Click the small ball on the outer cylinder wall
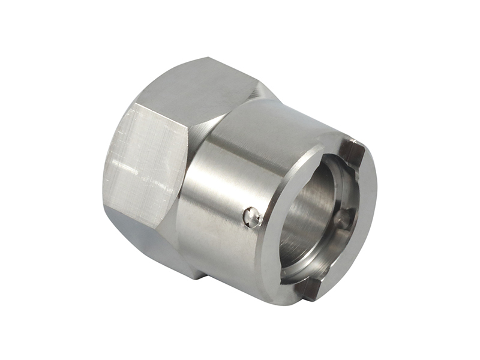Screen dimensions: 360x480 tap(253, 217)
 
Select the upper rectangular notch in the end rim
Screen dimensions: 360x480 tap(353, 152)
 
